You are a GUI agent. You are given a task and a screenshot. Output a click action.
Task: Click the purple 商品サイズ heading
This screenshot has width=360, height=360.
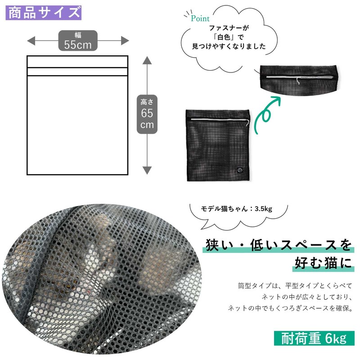[44, 12]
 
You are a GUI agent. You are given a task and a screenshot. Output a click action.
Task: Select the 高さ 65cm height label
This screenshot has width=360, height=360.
[147, 114]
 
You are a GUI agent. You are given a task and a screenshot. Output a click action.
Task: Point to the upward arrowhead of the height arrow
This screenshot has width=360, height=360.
[147, 61]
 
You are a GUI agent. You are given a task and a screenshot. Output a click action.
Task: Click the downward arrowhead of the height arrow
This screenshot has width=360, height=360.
[147, 170]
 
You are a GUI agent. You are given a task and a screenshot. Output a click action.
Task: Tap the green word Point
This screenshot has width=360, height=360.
[200, 18]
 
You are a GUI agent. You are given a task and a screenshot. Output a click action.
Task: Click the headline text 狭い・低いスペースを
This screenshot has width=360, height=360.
[278, 245]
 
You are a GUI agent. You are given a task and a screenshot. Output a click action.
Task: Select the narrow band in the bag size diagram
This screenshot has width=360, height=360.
[78, 72]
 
